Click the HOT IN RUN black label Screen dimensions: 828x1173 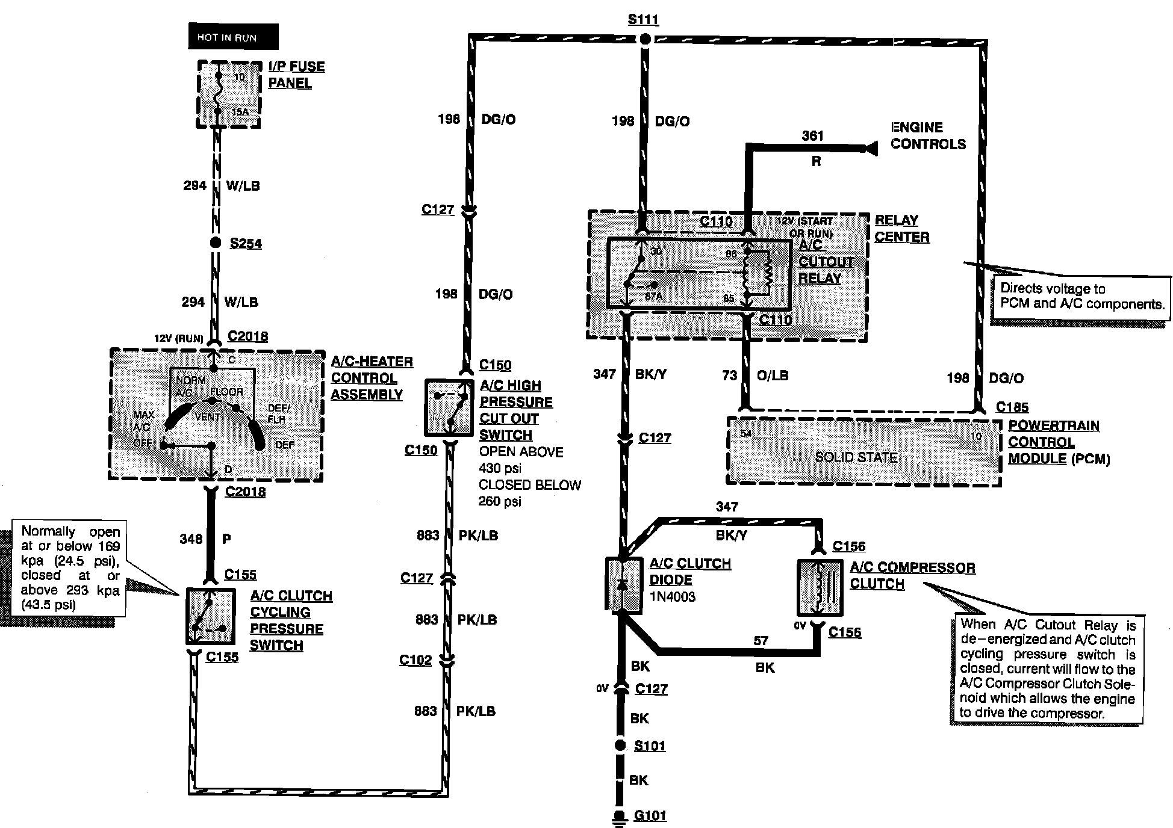(x=233, y=37)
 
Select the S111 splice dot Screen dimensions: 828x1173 (x=644, y=40)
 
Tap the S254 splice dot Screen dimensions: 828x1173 (x=215, y=243)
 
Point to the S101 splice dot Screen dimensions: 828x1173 (x=620, y=746)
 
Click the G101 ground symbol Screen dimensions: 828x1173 (x=618, y=816)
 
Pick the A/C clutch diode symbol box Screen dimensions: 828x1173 (x=623, y=584)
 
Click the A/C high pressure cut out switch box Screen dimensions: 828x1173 (x=449, y=407)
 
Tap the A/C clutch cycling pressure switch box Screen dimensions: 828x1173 (x=209, y=616)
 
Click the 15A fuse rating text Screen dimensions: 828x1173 (x=239, y=112)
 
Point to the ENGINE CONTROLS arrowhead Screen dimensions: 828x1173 (x=870, y=147)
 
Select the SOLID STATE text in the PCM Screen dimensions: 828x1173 (x=856, y=457)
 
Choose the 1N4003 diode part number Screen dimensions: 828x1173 (x=672, y=597)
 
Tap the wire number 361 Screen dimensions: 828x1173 (x=812, y=135)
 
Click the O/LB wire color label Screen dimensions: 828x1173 (x=772, y=375)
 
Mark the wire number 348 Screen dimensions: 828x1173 (x=191, y=539)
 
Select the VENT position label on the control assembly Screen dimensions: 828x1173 (x=207, y=416)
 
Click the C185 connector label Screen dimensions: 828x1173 (x=1012, y=407)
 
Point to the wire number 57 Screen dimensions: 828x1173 (x=761, y=640)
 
